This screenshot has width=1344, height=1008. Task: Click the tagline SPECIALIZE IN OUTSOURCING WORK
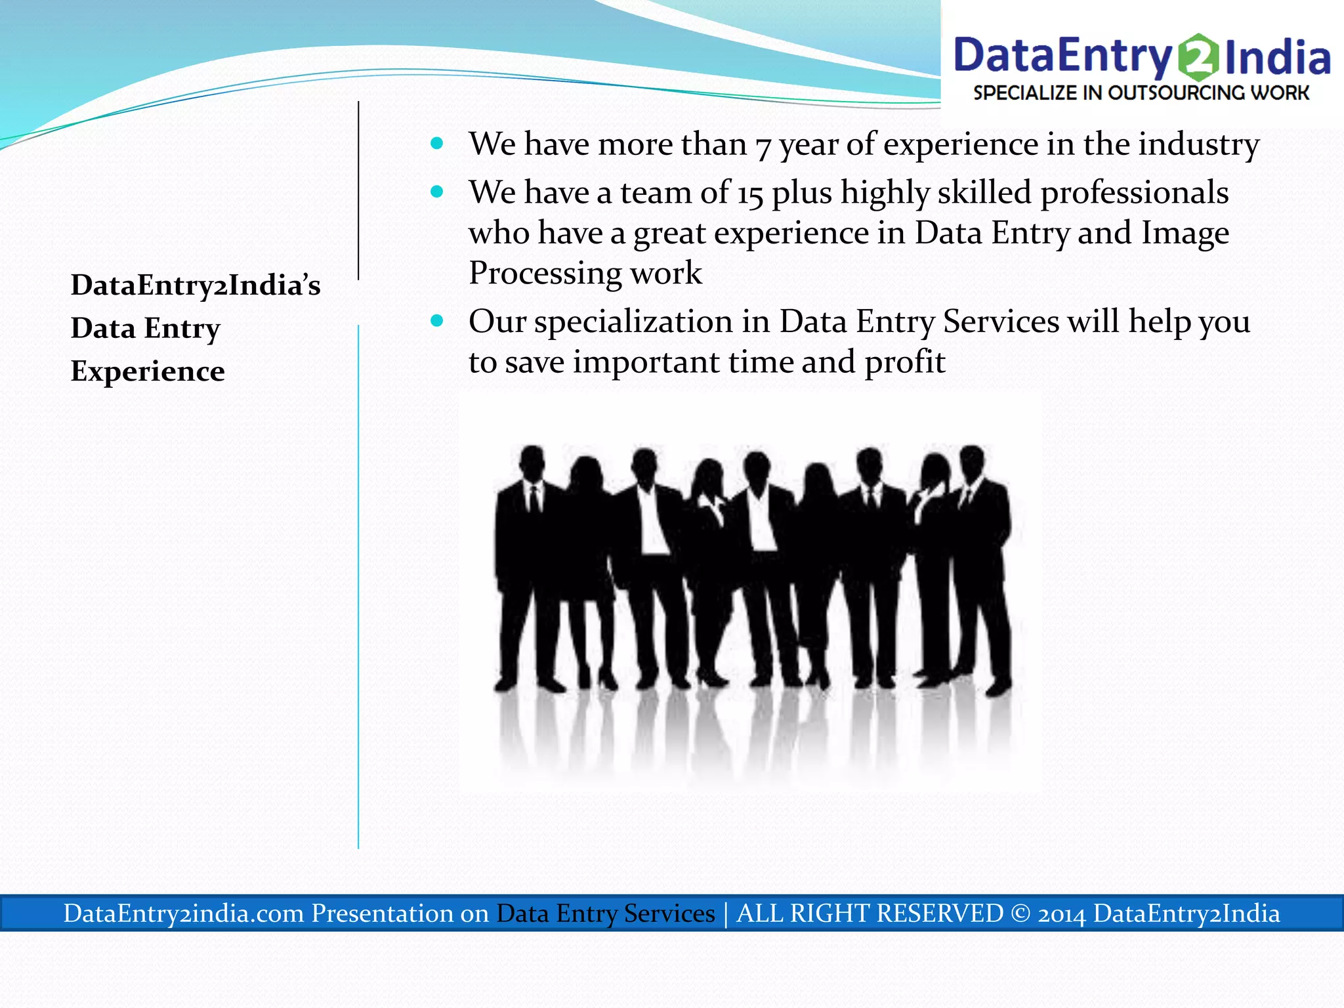tap(1141, 93)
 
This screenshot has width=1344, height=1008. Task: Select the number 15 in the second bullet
tap(750, 194)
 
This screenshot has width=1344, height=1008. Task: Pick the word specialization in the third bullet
tap(634, 323)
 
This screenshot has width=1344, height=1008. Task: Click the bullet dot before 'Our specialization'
tap(437, 321)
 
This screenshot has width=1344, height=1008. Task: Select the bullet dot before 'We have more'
tap(437, 143)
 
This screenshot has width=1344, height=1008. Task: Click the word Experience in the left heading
tap(148, 371)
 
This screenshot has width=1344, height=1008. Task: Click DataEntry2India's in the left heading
tap(196, 285)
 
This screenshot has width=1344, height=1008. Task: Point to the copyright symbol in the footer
tap(1020, 913)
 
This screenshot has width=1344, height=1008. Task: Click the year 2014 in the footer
tap(1061, 913)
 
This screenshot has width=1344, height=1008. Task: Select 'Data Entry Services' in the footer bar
tap(605, 913)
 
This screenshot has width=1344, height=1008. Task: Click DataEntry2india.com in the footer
tap(184, 913)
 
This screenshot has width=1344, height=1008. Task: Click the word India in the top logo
tap(1276, 58)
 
